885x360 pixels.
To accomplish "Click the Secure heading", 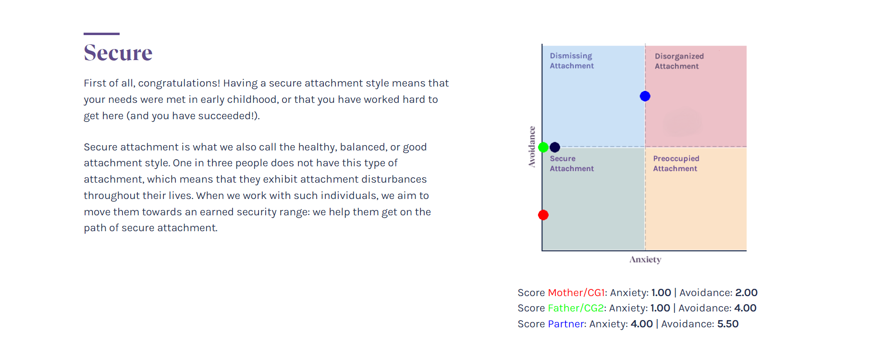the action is click(x=118, y=52).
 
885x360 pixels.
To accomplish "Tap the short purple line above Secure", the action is click(x=101, y=34).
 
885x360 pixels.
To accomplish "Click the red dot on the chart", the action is click(x=543, y=215).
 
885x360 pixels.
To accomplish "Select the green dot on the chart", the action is click(x=543, y=147).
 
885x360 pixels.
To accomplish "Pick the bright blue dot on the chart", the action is click(x=645, y=96).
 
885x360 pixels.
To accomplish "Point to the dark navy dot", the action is click(x=555, y=147).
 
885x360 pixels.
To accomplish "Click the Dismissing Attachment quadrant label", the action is click(x=572, y=61).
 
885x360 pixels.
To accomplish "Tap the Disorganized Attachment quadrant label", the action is click(x=679, y=62).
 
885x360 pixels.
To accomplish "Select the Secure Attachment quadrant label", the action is click(x=572, y=163).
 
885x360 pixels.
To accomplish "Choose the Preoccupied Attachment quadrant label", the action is click(x=676, y=163).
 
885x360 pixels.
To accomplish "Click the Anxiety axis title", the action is click(x=645, y=260).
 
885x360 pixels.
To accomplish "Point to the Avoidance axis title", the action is click(x=532, y=147).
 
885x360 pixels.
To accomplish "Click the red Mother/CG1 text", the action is click(x=576, y=293).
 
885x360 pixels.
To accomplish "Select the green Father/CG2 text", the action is click(x=576, y=308).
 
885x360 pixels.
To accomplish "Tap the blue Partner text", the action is click(x=566, y=324).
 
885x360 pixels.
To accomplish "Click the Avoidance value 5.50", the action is click(x=728, y=324).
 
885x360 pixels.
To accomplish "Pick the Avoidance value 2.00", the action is click(x=746, y=293).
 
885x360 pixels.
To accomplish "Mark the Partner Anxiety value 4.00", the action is click(x=641, y=324).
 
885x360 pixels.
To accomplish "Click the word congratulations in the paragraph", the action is click(x=179, y=84).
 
